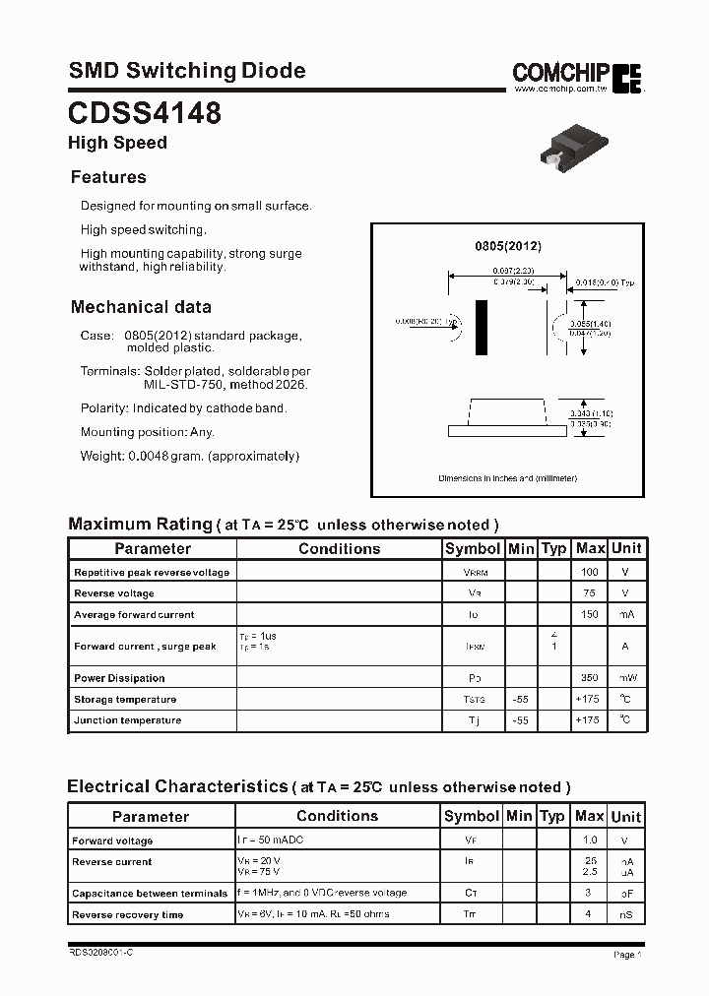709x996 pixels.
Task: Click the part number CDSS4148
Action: pyautogui.click(x=144, y=113)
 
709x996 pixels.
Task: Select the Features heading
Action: pyautogui.click(x=108, y=177)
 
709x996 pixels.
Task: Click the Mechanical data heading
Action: pyautogui.click(x=141, y=306)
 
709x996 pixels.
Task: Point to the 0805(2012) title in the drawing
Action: pyautogui.click(x=508, y=246)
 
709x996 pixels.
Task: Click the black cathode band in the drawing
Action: pyautogui.click(x=482, y=328)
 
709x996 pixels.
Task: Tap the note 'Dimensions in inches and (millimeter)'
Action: pyautogui.click(x=508, y=478)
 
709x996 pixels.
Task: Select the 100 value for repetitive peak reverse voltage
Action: pyautogui.click(x=590, y=572)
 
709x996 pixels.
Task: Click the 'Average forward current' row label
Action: pyautogui.click(x=134, y=615)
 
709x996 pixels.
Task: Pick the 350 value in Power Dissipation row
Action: pyautogui.click(x=590, y=678)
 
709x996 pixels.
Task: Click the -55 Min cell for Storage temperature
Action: pyautogui.click(x=521, y=700)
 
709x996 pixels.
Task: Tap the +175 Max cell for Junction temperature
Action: pyautogui.click(x=589, y=720)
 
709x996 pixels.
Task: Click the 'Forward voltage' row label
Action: pyautogui.click(x=112, y=841)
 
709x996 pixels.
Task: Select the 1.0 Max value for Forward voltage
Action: pyautogui.click(x=590, y=840)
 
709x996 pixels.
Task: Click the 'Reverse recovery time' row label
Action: pyautogui.click(x=127, y=915)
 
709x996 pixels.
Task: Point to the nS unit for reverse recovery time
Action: pyautogui.click(x=625, y=915)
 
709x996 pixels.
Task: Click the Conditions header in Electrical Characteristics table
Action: pyautogui.click(x=337, y=816)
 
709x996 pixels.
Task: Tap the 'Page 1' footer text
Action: pyautogui.click(x=627, y=955)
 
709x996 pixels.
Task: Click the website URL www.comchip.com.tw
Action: pyautogui.click(x=558, y=89)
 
